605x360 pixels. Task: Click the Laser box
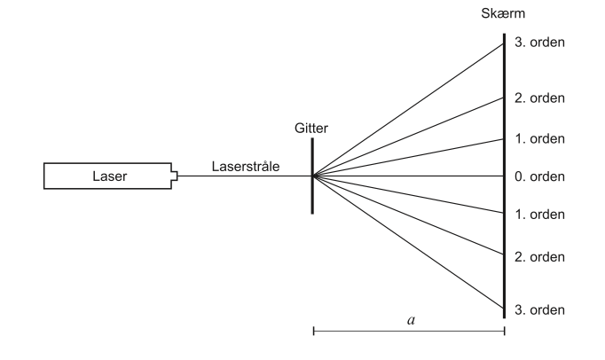pyautogui.click(x=109, y=176)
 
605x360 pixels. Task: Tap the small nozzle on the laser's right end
pyautogui.click(x=175, y=176)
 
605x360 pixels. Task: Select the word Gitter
pyautogui.click(x=311, y=129)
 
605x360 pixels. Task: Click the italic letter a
pyautogui.click(x=410, y=319)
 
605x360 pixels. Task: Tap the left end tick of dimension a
pyautogui.click(x=313, y=333)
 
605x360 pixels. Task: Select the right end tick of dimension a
pyautogui.click(x=504, y=333)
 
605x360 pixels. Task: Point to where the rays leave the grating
pyautogui.click(x=313, y=176)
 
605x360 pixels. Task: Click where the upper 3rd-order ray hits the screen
pyautogui.click(x=503, y=43)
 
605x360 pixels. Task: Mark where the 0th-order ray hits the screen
pyautogui.click(x=503, y=176)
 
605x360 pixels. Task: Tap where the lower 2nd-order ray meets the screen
pyautogui.click(x=503, y=255)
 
